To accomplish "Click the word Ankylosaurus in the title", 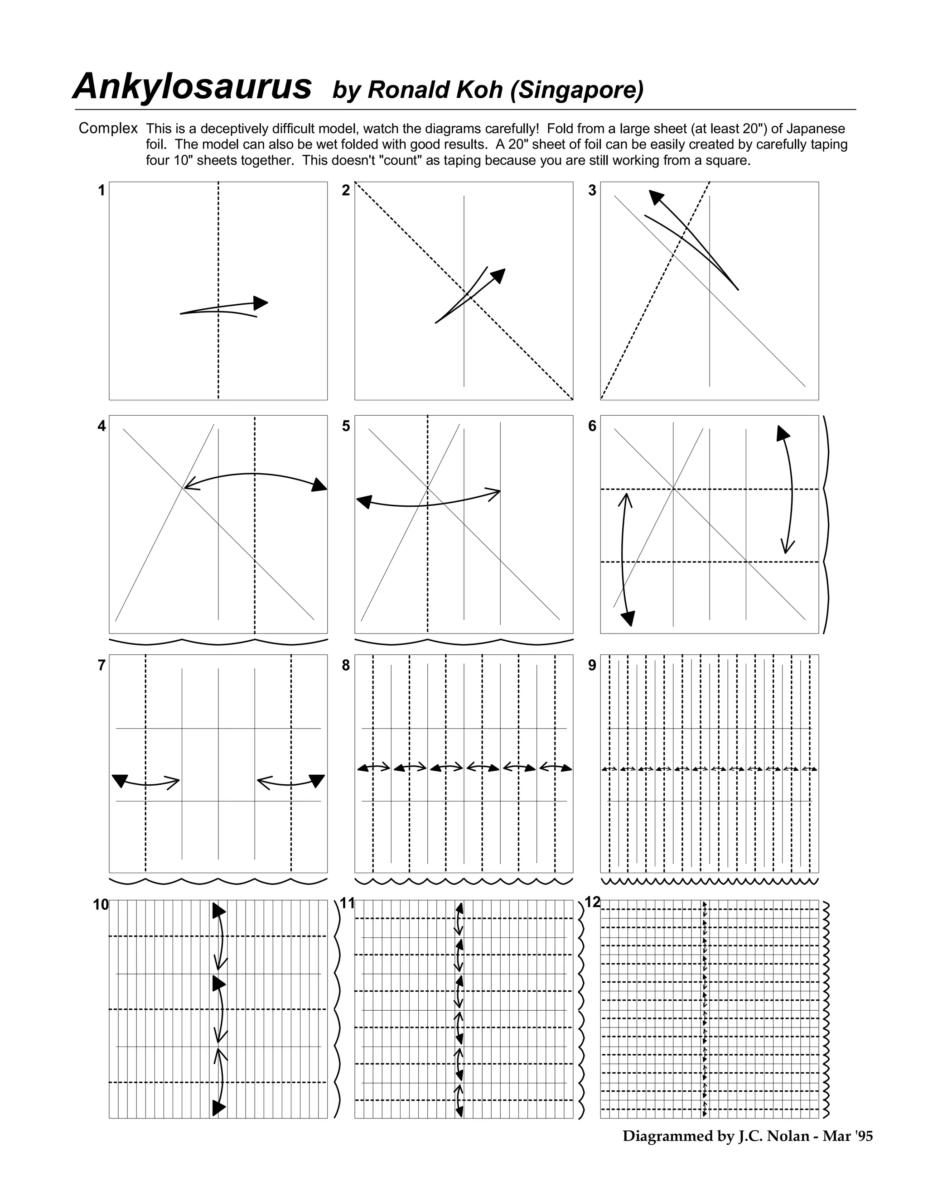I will pyautogui.click(x=193, y=87).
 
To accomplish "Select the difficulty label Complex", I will pyautogui.click(x=108, y=128).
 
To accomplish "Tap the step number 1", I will pyautogui.click(x=101, y=191).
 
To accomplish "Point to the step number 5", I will pyautogui.click(x=346, y=426).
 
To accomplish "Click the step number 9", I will pyautogui.click(x=592, y=665).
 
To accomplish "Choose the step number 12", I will pyautogui.click(x=592, y=902).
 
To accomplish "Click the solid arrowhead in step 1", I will pyautogui.click(x=261, y=302).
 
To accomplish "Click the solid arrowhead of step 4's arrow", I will pyautogui.click(x=319, y=485).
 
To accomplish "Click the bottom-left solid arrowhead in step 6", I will pyautogui.click(x=628, y=618).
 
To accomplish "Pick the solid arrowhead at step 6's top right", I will pyautogui.click(x=782, y=433).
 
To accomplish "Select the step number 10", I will pyautogui.click(x=101, y=905).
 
